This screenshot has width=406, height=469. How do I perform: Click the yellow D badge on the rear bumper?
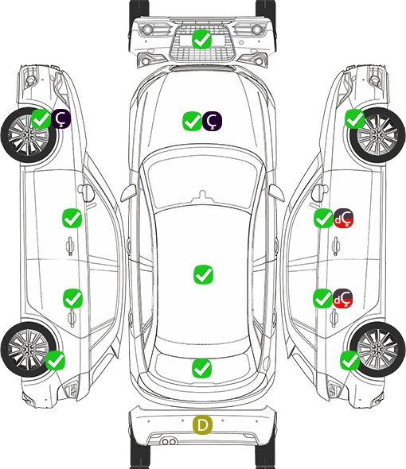click(x=202, y=424)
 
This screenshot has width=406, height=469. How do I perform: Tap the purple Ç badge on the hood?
click(x=212, y=121)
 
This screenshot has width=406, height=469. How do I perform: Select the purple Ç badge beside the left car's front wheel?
click(x=61, y=118)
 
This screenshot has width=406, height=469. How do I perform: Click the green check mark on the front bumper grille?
click(x=202, y=39)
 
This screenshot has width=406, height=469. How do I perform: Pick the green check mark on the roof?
click(x=203, y=274)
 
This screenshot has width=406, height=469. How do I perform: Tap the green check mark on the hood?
click(x=192, y=121)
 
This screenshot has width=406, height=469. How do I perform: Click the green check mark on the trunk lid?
click(x=201, y=368)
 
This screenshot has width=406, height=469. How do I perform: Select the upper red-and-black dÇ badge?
click(x=343, y=218)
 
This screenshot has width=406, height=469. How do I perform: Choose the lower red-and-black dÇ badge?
click(x=342, y=298)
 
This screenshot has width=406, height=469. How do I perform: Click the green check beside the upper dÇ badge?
click(x=323, y=218)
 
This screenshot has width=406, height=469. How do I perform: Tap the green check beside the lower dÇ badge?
click(x=322, y=298)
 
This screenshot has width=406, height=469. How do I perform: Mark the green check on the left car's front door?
click(x=72, y=218)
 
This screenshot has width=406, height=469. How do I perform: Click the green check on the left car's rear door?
click(x=72, y=298)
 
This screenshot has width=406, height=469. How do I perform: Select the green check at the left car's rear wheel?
click(x=55, y=360)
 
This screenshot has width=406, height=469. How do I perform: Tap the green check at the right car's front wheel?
click(x=355, y=118)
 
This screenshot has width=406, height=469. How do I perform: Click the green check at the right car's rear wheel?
click(x=349, y=360)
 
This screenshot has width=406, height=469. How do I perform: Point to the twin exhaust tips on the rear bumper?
click(x=169, y=441)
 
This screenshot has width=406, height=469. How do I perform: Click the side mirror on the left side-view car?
click(x=85, y=193)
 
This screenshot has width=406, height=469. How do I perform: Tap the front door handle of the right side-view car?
click(x=336, y=246)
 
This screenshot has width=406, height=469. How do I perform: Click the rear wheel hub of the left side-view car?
click(x=28, y=349)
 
